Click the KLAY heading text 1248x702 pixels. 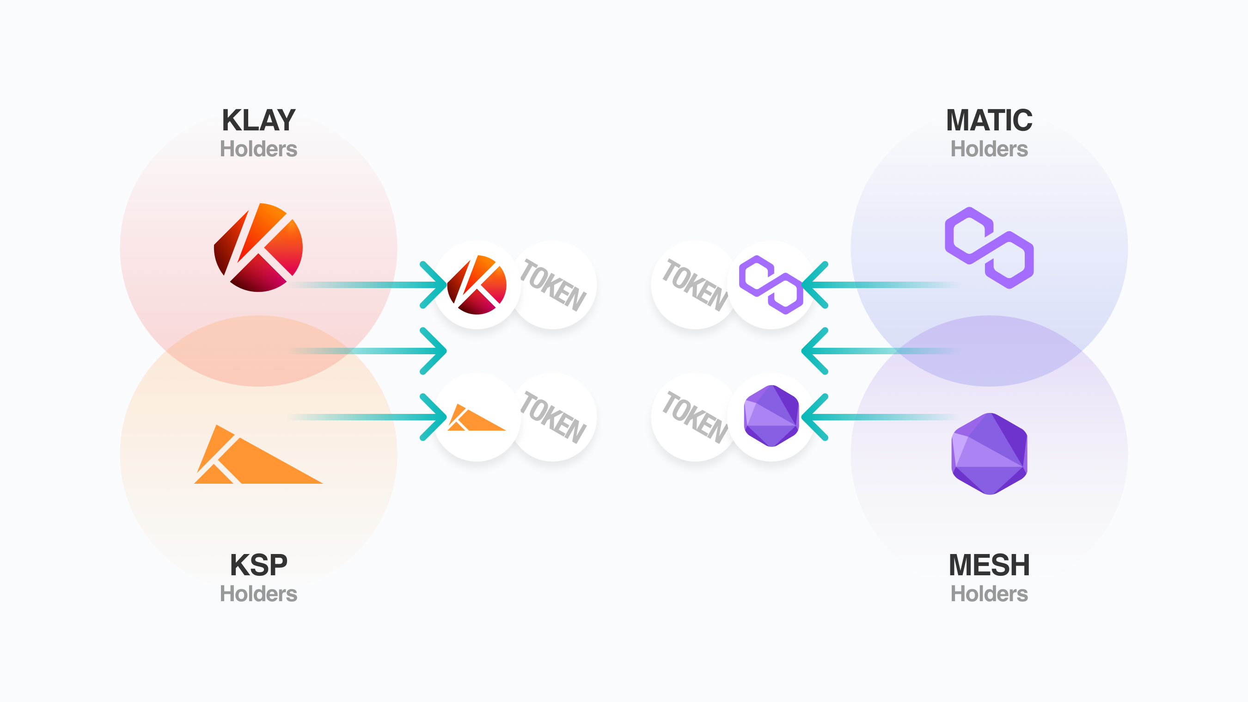pos(258,120)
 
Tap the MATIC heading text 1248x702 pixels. pos(989,120)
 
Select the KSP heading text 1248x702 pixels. pos(258,565)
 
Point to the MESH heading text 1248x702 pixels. pos(989,565)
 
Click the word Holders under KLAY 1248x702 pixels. pos(258,149)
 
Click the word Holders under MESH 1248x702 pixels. pos(989,594)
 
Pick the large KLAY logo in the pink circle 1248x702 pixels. pos(258,248)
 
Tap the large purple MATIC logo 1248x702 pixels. pos(989,248)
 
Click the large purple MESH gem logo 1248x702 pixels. pos(989,454)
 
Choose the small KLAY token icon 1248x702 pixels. pos(477,285)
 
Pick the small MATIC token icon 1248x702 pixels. pos(771,285)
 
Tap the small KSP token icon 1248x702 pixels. pos(477,418)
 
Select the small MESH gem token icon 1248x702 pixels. pos(771,416)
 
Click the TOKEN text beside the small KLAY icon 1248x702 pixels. pos(553,285)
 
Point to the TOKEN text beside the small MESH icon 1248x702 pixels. pos(695,418)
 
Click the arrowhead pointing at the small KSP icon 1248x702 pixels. pos(434,418)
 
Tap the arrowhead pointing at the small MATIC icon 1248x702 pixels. pos(814,285)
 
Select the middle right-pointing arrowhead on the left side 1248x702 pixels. pos(434,351)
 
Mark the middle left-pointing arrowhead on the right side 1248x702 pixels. pos(814,351)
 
